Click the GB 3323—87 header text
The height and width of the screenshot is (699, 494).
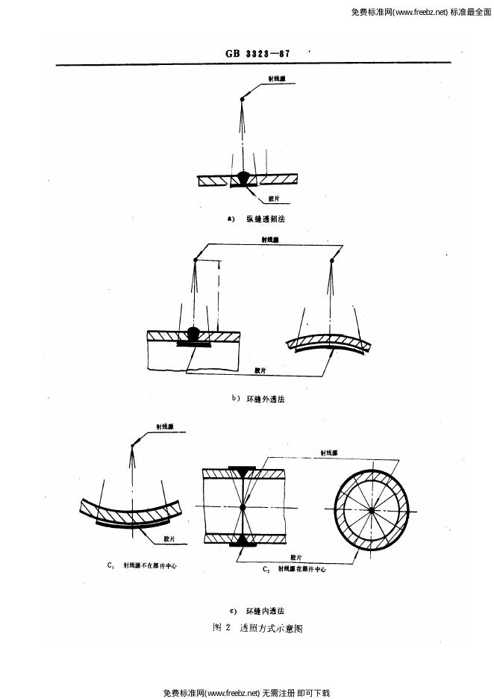(x=257, y=54)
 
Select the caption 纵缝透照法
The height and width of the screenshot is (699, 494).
(x=266, y=220)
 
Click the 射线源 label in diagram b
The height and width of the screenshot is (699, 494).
(x=270, y=240)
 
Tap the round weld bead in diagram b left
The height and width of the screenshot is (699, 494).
(x=194, y=333)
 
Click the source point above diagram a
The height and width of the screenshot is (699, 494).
(x=243, y=100)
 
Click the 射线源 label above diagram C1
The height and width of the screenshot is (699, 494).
(x=165, y=426)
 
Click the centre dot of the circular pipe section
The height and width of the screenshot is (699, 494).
(x=371, y=511)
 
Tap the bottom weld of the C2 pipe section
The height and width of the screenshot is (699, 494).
(x=243, y=540)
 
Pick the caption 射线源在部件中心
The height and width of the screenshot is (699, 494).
(x=302, y=568)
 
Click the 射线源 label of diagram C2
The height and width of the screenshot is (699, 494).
(x=329, y=453)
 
